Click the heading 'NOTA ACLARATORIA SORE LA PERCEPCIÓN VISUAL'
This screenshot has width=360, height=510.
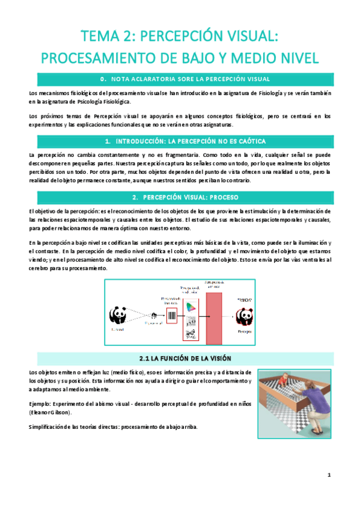[180, 79]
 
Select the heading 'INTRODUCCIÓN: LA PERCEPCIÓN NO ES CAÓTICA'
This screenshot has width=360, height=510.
[180, 141]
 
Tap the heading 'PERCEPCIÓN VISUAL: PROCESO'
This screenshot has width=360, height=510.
[180, 197]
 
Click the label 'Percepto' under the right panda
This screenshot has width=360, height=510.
[244, 331]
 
